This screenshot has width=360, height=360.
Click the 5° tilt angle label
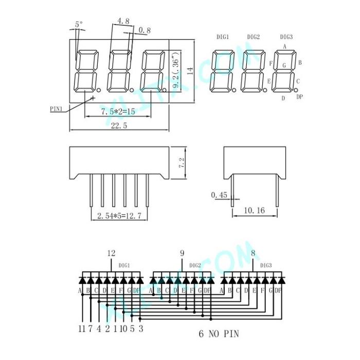click(78, 24)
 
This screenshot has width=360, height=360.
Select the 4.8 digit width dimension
click(123, 21)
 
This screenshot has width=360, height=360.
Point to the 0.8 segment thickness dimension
click(145, 30)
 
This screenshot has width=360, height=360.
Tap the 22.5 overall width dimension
click(118, 125)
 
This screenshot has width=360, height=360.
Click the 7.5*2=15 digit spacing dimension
click(118, 112)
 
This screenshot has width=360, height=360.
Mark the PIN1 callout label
click(56, 109)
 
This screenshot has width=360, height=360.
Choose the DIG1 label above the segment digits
click(223, 37)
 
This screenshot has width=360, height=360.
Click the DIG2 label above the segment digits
click(253, 37)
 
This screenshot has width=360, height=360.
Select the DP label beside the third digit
click(299, 97)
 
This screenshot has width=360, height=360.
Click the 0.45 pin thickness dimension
click(219, 195)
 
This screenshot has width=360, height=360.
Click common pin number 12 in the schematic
click(111, 253)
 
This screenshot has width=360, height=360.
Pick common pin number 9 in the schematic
click(182, 253)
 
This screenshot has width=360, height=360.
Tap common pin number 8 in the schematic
click(253, 253)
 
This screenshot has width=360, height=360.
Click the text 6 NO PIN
click(219, 334)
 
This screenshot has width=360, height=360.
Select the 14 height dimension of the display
click(190, 71)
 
